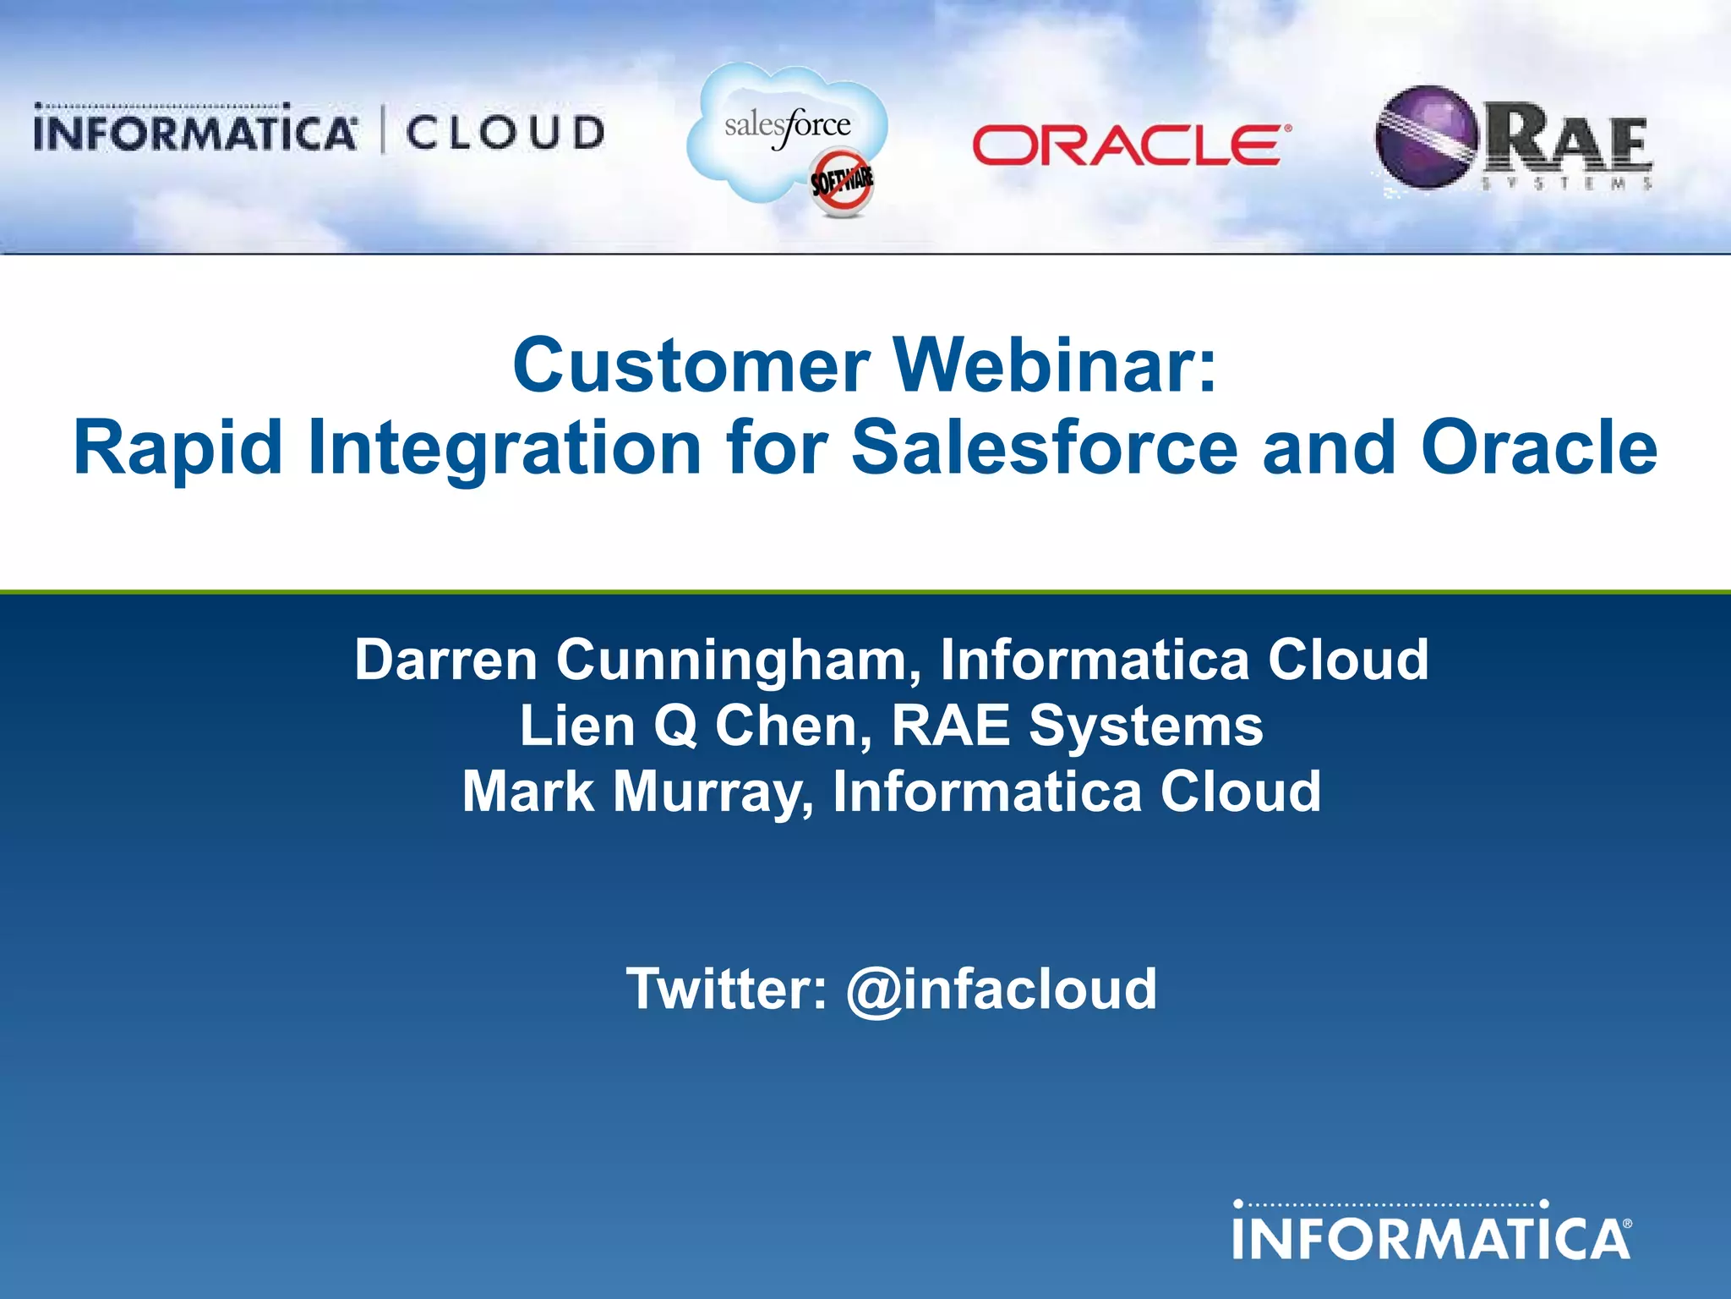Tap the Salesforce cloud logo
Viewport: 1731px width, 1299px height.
pyautogui.click(x=786, y=131)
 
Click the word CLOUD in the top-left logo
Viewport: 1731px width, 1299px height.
pyautogui.click(x=505, y=134)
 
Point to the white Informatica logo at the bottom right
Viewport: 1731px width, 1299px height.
pyautogui.click(x=1432, y=1237)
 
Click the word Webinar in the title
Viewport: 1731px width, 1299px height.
pyautogui.click(x=1056, y=365)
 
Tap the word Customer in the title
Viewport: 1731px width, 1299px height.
pyautogui.click(x=691, y=365)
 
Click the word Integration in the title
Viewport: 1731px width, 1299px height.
pyautogui.click(x=505, y=448)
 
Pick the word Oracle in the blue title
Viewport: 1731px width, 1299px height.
pyautogui.click(x=1539, y=448)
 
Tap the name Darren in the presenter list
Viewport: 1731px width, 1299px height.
pyautogui.click(x=445, y=660)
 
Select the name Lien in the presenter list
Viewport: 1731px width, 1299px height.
pyautogui.click(x=576, y=726)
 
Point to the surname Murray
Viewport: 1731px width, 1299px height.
pyautogui.click(x=712, y=792)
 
